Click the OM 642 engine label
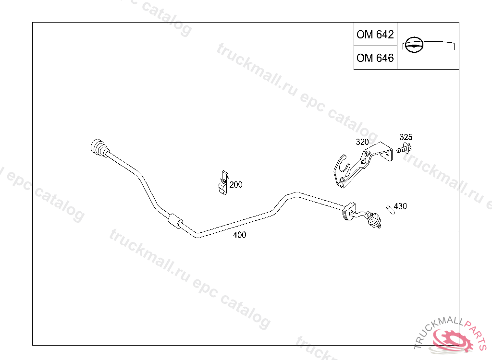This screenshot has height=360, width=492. tap(375, 34)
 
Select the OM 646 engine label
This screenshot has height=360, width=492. tap(375, 58)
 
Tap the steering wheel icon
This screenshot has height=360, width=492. tap(414, 45)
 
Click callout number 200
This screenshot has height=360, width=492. tap(235, 185)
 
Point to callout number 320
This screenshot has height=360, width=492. tap(362, 142)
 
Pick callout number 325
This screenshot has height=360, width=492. tap(406, 137)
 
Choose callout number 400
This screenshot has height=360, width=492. tap(239, 235)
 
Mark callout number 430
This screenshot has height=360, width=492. tap(400, 206)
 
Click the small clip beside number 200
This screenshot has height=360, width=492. tap(223, 182)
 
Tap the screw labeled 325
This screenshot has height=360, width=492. tap(404, 149)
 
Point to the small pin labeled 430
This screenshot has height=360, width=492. tap(390, 209)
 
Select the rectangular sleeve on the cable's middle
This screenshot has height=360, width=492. tap(175, 221)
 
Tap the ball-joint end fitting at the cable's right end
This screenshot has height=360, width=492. tap(373, 219)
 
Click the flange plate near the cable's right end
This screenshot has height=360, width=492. tap(349, 211)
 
